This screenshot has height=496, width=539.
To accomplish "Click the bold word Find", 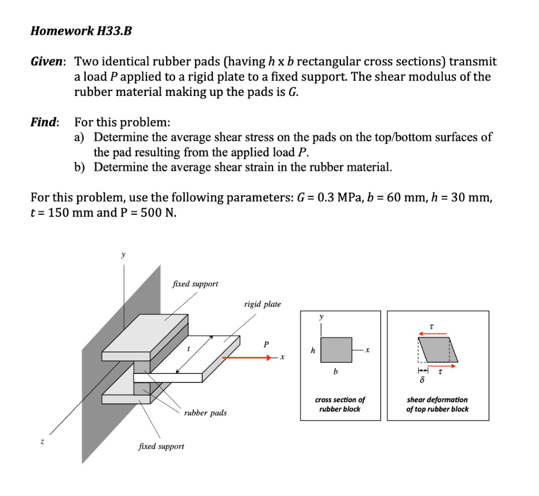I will (x=44, y=123).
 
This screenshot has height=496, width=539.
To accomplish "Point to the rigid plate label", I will (x=262, y=304).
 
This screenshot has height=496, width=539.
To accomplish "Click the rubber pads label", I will (x=205, y=413).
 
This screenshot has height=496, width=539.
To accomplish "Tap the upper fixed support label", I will (x=195, y=284).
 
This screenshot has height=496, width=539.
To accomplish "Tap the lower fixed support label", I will (x=161, y=447).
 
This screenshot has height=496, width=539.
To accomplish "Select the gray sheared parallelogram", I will (x=438, y=350).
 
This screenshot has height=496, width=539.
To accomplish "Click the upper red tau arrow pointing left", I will (x=433, y=333).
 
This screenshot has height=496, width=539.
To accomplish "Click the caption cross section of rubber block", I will (x=340, y=404).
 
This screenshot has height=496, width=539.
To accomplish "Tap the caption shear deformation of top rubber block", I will (x=437, y=404).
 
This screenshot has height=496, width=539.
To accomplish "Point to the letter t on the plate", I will (x=188, y=349).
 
